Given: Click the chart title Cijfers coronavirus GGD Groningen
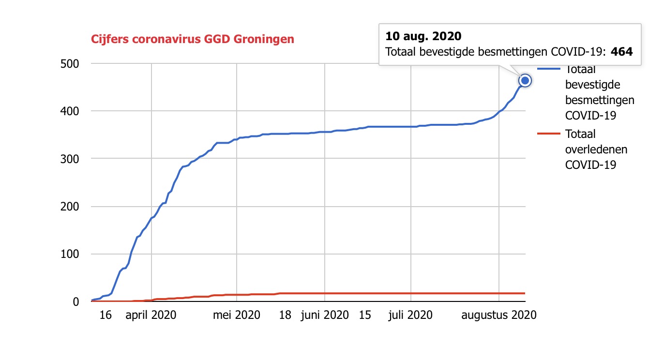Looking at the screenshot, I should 193,39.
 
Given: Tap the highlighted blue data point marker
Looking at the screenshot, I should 525,80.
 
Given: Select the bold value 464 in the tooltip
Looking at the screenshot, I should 622,51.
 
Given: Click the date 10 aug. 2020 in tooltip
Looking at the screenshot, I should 423,36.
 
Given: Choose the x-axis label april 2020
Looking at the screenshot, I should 151,315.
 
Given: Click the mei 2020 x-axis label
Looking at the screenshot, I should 237,315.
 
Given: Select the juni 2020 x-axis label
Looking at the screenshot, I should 324,315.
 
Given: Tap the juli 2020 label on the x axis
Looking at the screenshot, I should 411,315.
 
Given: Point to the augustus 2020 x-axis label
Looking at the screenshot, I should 499,315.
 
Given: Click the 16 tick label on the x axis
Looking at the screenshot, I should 106,315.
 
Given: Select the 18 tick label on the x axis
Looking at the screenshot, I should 286,315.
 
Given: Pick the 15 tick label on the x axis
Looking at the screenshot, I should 365,315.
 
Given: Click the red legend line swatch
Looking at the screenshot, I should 548,134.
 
